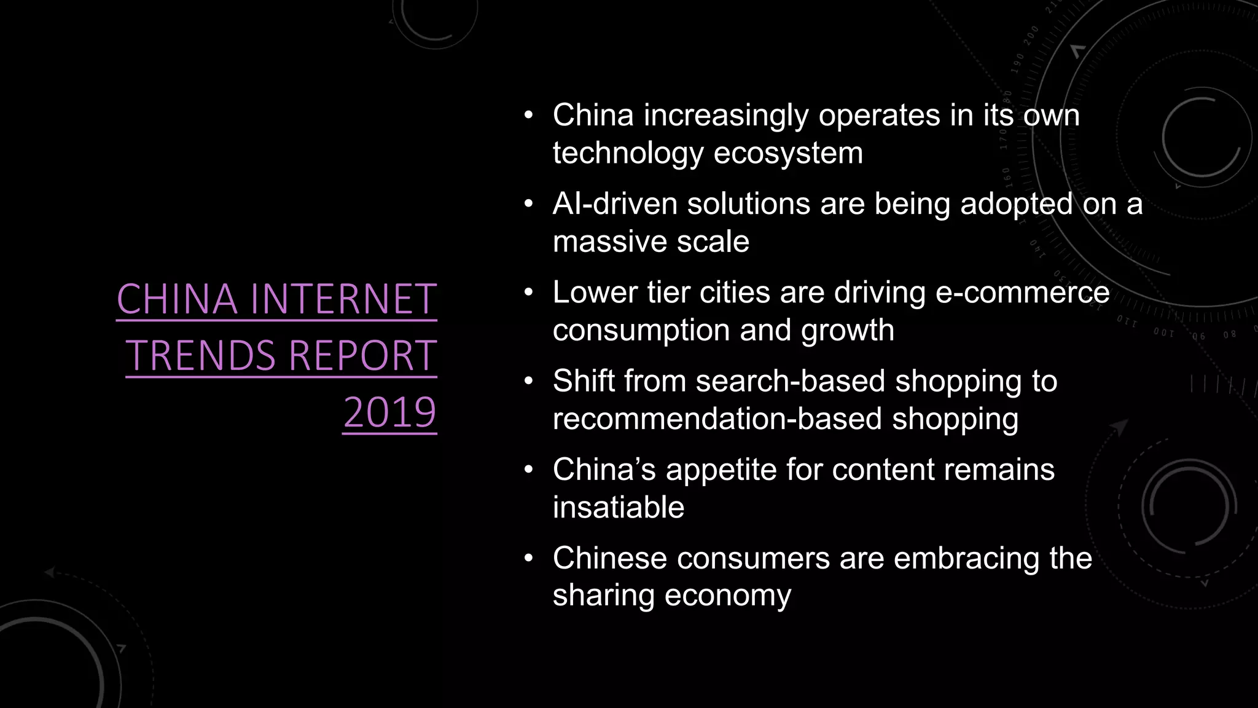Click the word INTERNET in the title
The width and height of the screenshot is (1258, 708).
click(x=343, y=299)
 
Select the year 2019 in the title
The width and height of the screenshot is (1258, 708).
click(x=389, y=412)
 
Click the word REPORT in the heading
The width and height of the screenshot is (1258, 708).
click(x=362, y=356)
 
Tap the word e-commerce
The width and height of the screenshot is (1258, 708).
click(x=1022, y=293)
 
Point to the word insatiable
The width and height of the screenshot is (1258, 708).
click(x=618, y=508)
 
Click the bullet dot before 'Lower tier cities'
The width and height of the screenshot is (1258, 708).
click(x=529, y=293)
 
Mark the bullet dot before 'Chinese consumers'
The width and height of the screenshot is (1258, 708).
click(x=529, y=559)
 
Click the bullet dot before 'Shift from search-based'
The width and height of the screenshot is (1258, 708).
click(x=529, y=382)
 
